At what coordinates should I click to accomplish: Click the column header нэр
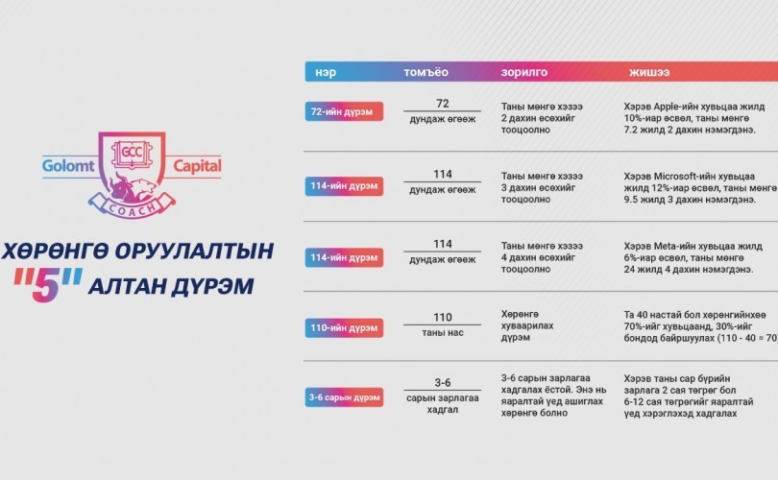tap(326, 72)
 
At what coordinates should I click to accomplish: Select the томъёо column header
tap(425, 72)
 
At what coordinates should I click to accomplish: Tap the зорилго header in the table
tap(524, 73)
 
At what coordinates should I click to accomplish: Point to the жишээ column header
tap(649, 72)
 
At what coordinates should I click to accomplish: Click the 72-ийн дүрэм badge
tap(344, 111)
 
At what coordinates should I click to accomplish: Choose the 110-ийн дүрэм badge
tap(344, 327)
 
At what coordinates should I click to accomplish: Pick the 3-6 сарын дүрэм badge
tap(344, 397)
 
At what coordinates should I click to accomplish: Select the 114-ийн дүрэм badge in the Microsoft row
tap(344, 186)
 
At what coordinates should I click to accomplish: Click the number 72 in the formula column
tap(443, 103)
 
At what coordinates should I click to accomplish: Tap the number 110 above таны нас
tap(443, 318)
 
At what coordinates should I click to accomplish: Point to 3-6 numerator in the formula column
tap(443, 382)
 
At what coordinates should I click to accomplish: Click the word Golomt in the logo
tap(68, 165)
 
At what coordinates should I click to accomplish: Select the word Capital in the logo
tap(197, 166)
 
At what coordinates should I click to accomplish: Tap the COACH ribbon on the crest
tap(132, 206)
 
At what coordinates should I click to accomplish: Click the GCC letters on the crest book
tap(132, 152)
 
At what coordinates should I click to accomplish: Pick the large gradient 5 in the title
tap(46, 285)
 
